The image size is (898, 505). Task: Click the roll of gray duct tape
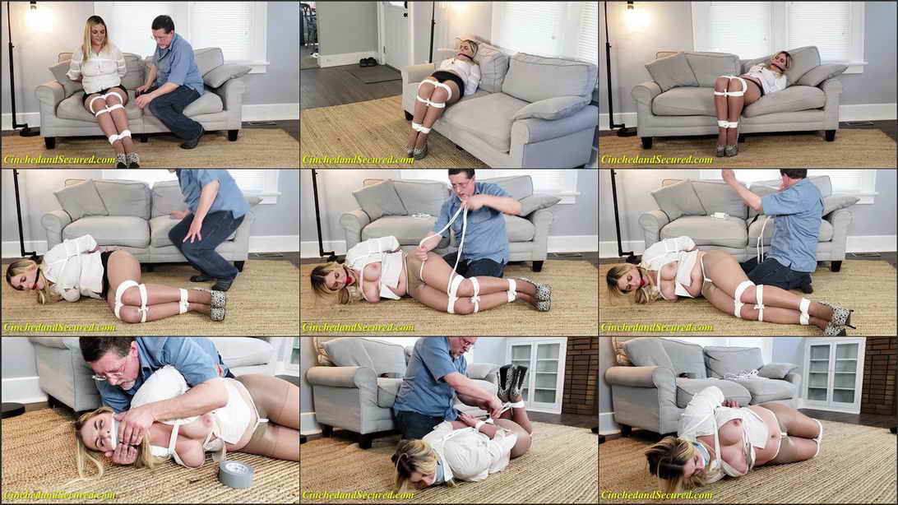click(235, 473)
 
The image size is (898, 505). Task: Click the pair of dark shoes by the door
click(368, 61)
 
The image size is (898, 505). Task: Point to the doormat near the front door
click(374, 74)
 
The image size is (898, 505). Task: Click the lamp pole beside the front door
click(432, 32)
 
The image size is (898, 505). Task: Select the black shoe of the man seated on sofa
click(192, 140)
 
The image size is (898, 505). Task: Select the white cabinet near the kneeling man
click(537, 374)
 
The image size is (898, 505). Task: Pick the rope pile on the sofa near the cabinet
click(740, 374)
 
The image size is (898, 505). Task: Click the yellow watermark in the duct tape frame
click(59, 494)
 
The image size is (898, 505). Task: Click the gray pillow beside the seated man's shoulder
click(225, 75)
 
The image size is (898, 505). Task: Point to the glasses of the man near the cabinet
click(467, 345)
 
